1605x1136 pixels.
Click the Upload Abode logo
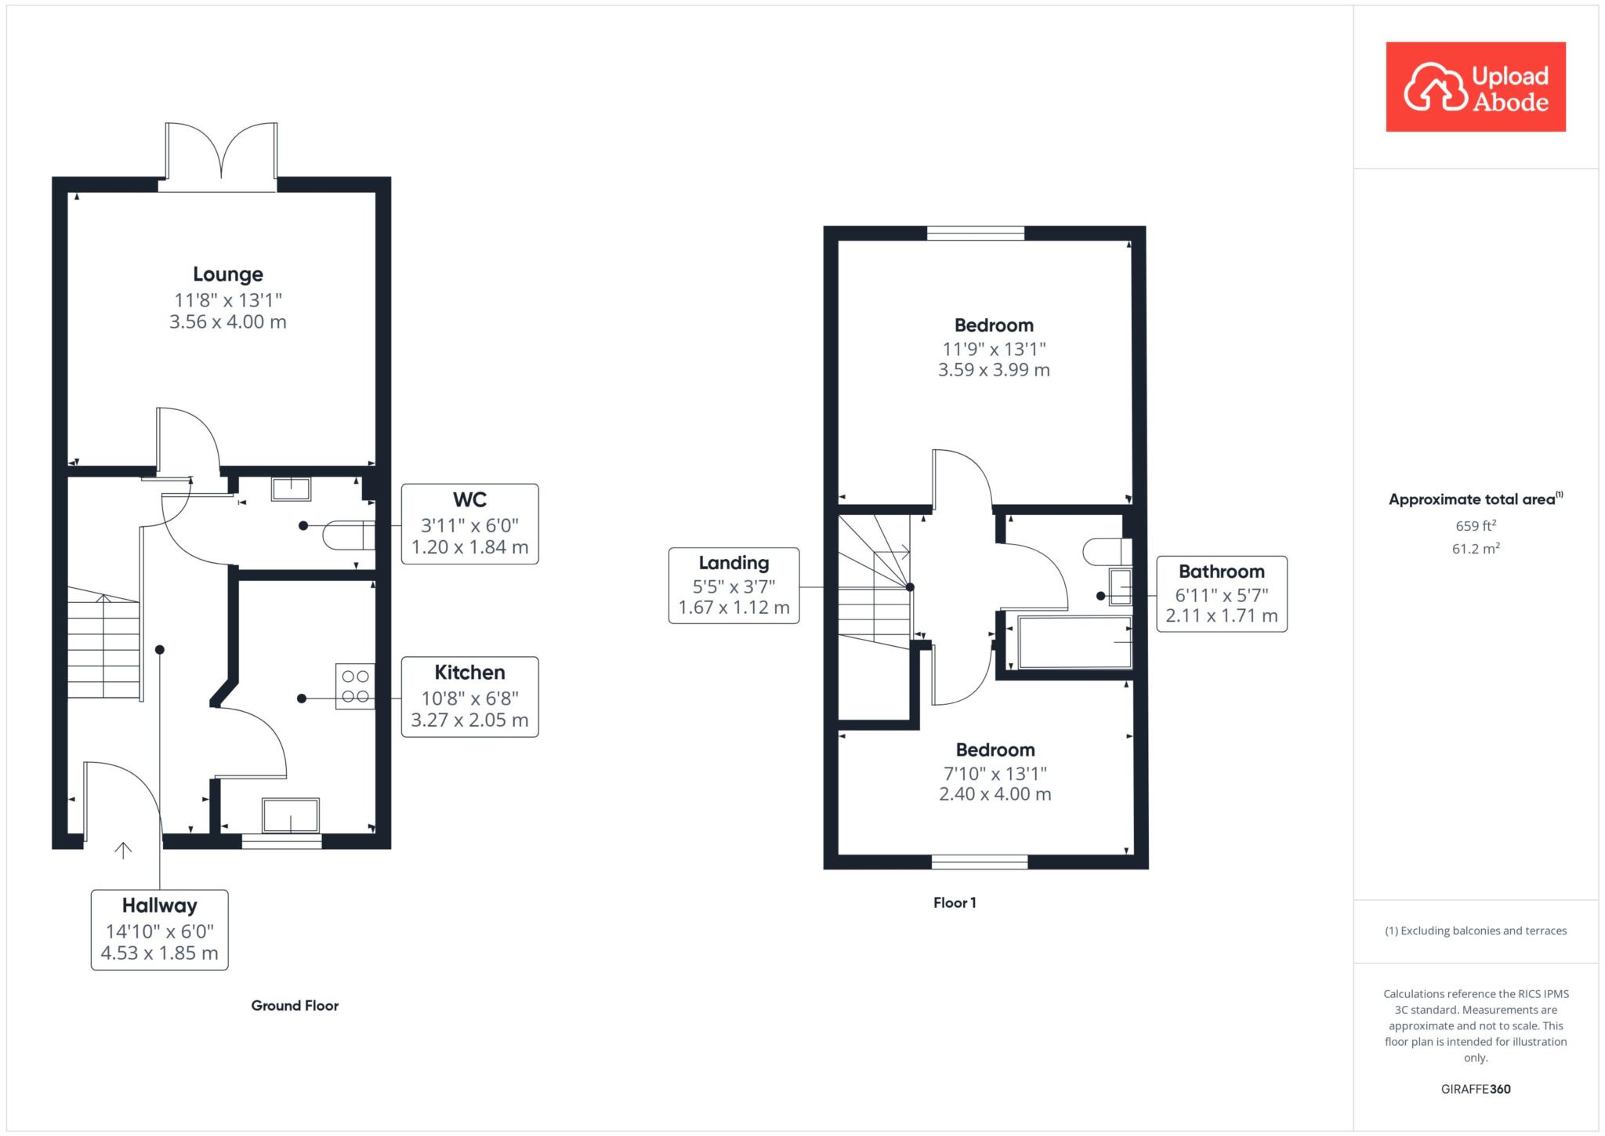1476,87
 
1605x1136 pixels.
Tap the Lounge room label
228,274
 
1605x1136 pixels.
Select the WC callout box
470,524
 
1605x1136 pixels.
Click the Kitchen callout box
470,696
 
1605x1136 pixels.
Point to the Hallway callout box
160,930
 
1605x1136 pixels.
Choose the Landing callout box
734,586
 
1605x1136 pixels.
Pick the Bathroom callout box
1222,593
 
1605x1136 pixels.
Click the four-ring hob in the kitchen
355,686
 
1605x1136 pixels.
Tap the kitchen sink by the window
291,815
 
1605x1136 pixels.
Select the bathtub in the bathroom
1074,642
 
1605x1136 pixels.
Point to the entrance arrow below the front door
123,850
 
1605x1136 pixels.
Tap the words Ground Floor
295,1005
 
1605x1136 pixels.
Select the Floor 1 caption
955,902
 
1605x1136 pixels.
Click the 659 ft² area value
1476,525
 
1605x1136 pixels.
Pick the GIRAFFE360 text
1476,1089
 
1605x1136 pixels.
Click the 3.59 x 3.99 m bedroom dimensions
994,370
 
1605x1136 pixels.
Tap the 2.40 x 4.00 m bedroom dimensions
995,794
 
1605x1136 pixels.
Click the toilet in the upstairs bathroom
1107,552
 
